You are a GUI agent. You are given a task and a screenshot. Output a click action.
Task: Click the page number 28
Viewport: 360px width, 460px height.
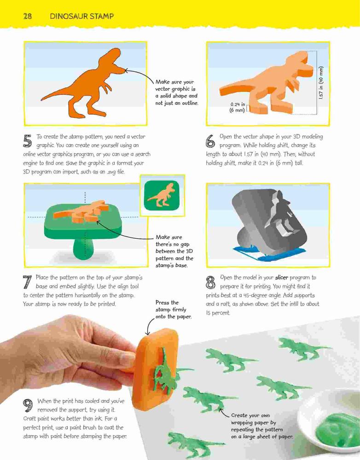(x=27, y=16)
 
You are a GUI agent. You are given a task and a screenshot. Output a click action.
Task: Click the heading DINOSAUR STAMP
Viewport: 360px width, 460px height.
(x=81, y=16)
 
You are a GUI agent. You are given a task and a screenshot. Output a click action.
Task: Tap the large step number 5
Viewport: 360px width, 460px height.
(x=27, y=141)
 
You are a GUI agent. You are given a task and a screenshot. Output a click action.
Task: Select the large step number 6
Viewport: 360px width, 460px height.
(x=210, y=141)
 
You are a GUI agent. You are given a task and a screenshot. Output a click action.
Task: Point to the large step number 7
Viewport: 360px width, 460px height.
(x=27, y=282)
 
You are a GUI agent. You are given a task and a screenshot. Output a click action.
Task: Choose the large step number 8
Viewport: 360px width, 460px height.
(x=210, y=282)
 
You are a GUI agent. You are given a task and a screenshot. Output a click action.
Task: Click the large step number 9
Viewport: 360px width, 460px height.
(x=28, y=405)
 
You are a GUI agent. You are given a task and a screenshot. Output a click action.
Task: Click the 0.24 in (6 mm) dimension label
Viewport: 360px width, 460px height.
(x=237, y=107)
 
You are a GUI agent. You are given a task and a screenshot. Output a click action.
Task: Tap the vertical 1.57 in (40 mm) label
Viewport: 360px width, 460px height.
(x=321, y=83)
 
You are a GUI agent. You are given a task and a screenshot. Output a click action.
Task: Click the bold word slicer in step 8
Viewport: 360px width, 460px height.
(x=282, y=277)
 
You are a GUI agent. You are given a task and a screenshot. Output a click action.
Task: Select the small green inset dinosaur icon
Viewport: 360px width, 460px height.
(x=162, y=195)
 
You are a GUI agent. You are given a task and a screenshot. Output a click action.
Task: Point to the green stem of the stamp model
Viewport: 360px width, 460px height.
(x=84, y=248)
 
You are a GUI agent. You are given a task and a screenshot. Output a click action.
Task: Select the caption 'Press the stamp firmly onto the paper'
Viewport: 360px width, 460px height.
(x=173, y=310)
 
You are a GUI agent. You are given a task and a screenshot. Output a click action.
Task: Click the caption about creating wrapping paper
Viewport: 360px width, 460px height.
(x=262, y=426)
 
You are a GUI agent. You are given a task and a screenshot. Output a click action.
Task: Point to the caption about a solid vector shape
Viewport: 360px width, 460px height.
(x=176, y=92)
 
